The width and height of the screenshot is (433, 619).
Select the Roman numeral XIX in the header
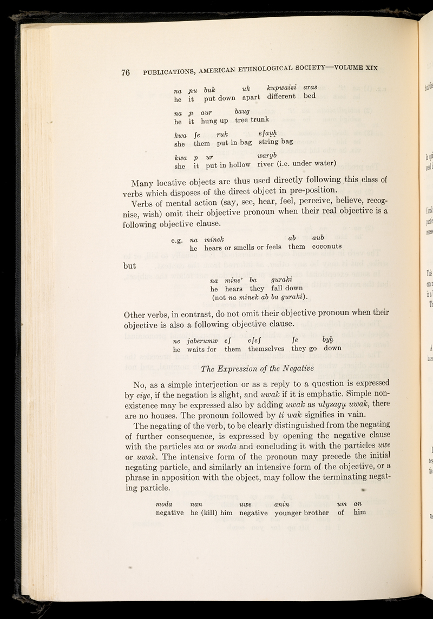[366, 67]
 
